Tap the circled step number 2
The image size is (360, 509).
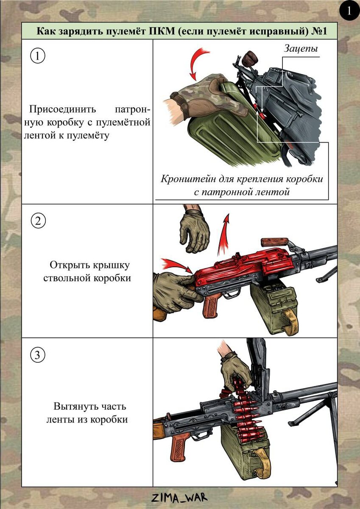[x=38, y=220]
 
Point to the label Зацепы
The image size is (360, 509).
[x=300, y=49]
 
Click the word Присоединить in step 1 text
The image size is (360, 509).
[x=62, y=109]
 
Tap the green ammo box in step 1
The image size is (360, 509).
[x=232, y=127]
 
